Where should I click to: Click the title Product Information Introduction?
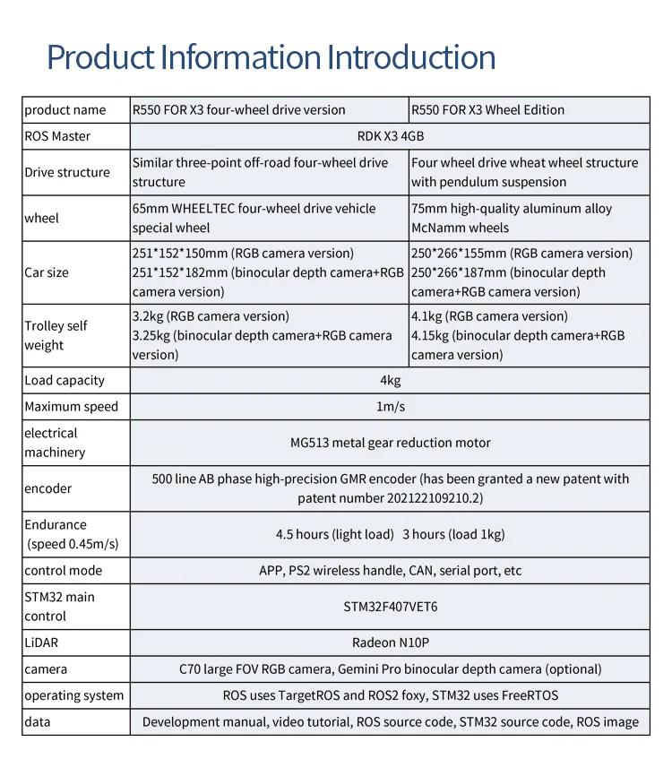click(x=271, y=56)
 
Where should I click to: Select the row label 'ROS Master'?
click(x=57, y=136)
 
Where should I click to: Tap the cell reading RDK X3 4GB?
click(x=390, y=136)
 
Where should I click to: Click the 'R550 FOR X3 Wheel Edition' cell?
click(x=487, y=110)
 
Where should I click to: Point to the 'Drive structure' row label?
click(x=67, y=172)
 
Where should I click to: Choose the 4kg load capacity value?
click(x=390, y=380)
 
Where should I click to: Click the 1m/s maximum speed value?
click(x=390, y=407)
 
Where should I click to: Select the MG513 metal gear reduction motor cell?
click(x=390, y=443)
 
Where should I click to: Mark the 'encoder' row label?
click(x=48, y=488)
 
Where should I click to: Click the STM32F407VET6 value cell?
click(x=390, y=607)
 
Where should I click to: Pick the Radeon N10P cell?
click(x=390, y=643)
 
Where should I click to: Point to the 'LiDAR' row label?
click(x=41, y=643)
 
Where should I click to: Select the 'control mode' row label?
click(x=63, y=571)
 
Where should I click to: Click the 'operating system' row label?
click(x=74, y=695)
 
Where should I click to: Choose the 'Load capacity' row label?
click(x=65, y=380)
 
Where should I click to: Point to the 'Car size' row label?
click(x=47, y=272)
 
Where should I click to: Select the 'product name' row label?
click(x=65, y=110)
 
